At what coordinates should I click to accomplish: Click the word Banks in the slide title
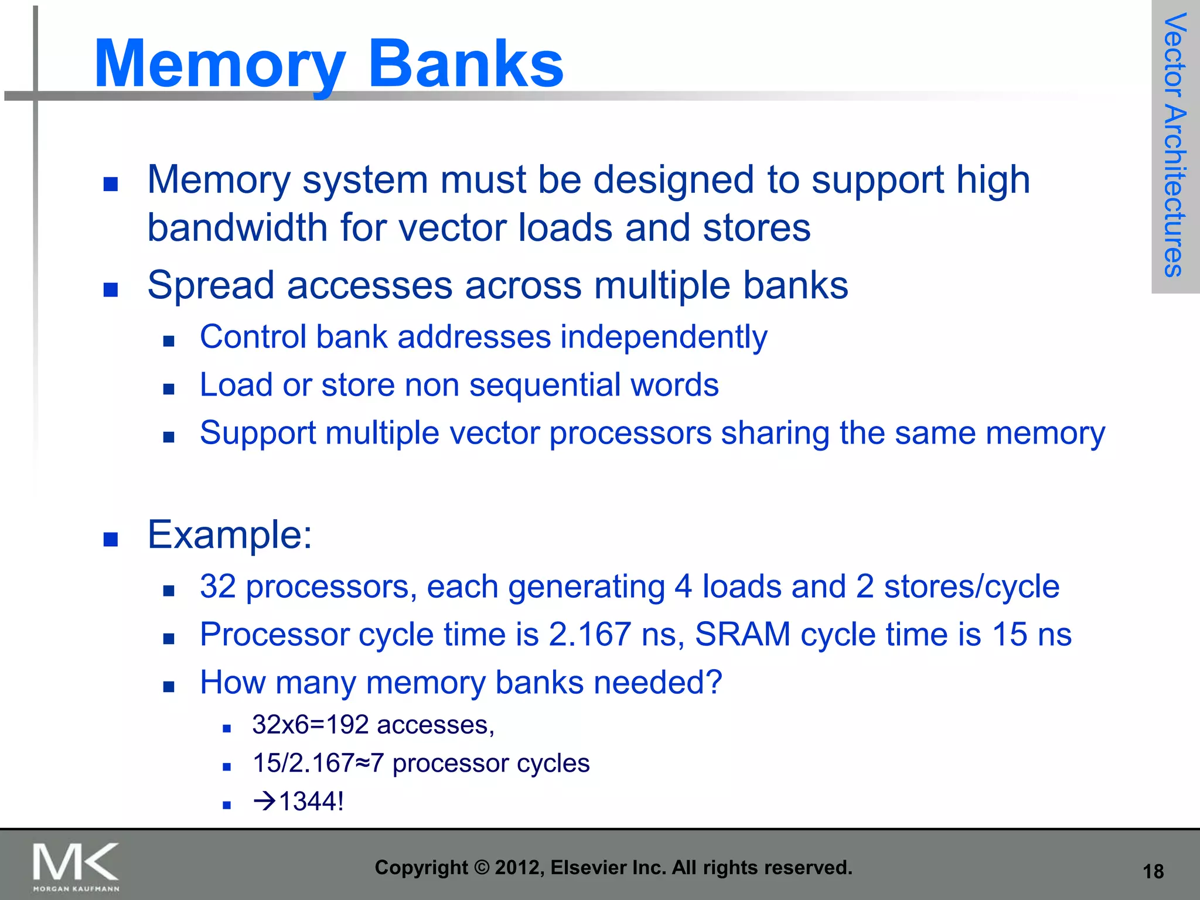pos(466,63)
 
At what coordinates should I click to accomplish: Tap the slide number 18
pos(1153,871)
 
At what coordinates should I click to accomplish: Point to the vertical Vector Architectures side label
pos(1175,145)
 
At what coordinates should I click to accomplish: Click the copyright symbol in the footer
pos(481,867)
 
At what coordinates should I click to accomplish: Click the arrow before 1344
pos(265,801)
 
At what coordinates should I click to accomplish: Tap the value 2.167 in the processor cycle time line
pos(589,634)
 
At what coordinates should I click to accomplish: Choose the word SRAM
pos(743,634)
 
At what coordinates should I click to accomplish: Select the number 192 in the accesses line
pos(347,725)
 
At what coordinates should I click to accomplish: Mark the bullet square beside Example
pos(111,539)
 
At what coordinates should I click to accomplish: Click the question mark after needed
pos(714,682)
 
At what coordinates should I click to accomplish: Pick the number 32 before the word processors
pos(217,587)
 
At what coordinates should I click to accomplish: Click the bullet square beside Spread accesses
pos(111,289)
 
